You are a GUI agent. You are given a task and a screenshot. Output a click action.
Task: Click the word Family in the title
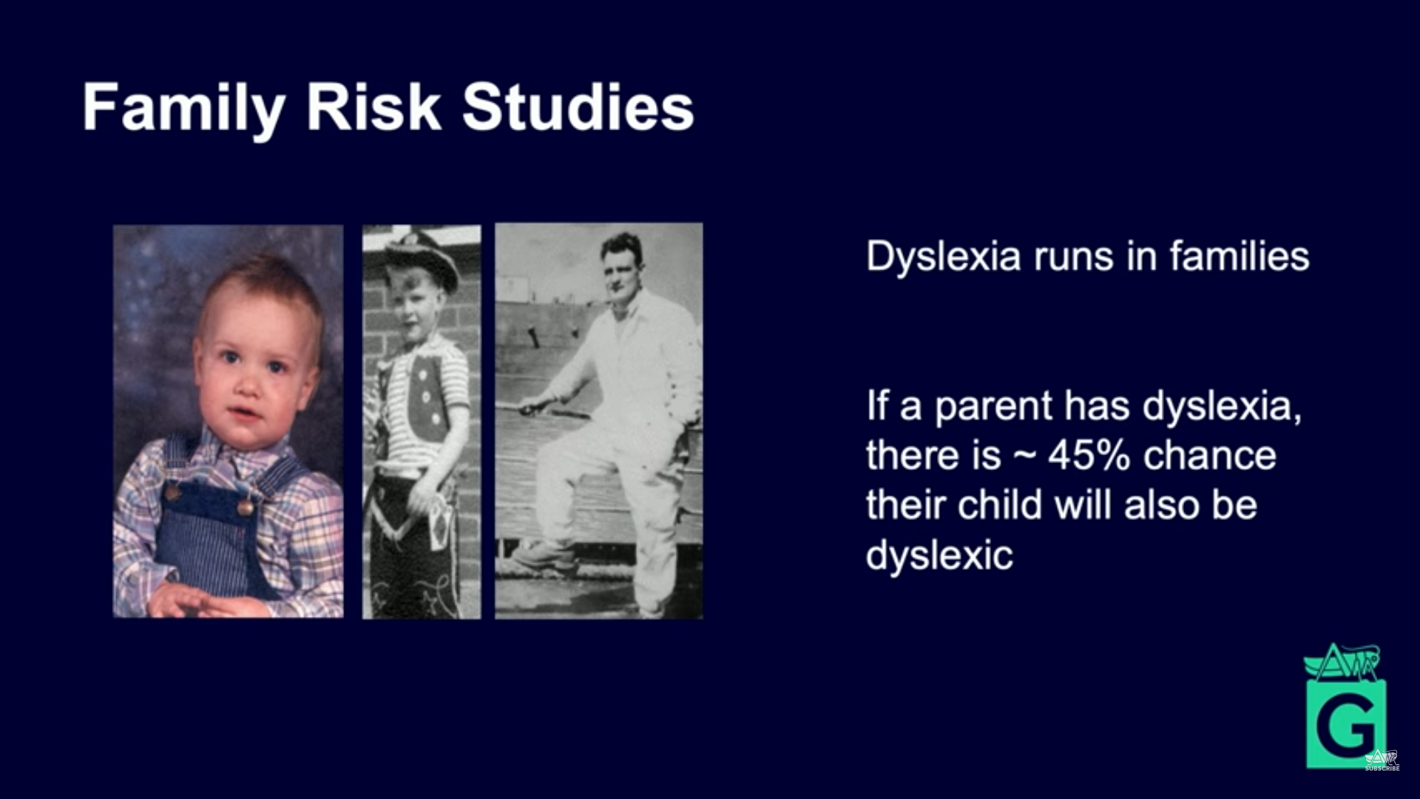pos(184,108)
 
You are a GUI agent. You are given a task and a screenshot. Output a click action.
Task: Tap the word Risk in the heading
pos(373,107)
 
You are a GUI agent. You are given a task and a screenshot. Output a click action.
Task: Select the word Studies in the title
pos(578,107)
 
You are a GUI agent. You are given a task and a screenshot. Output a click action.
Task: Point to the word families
pos(1240,256)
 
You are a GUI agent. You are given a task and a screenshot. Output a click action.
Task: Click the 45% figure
pos(1089,455)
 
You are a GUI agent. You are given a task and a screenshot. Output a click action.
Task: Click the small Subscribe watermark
pos(1382,761)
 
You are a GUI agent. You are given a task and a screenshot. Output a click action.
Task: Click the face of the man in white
pos(621,269)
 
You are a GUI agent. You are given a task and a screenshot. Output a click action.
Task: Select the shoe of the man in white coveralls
pos(544,556)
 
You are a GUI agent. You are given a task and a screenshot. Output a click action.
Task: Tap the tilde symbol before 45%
pos(1024,457)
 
